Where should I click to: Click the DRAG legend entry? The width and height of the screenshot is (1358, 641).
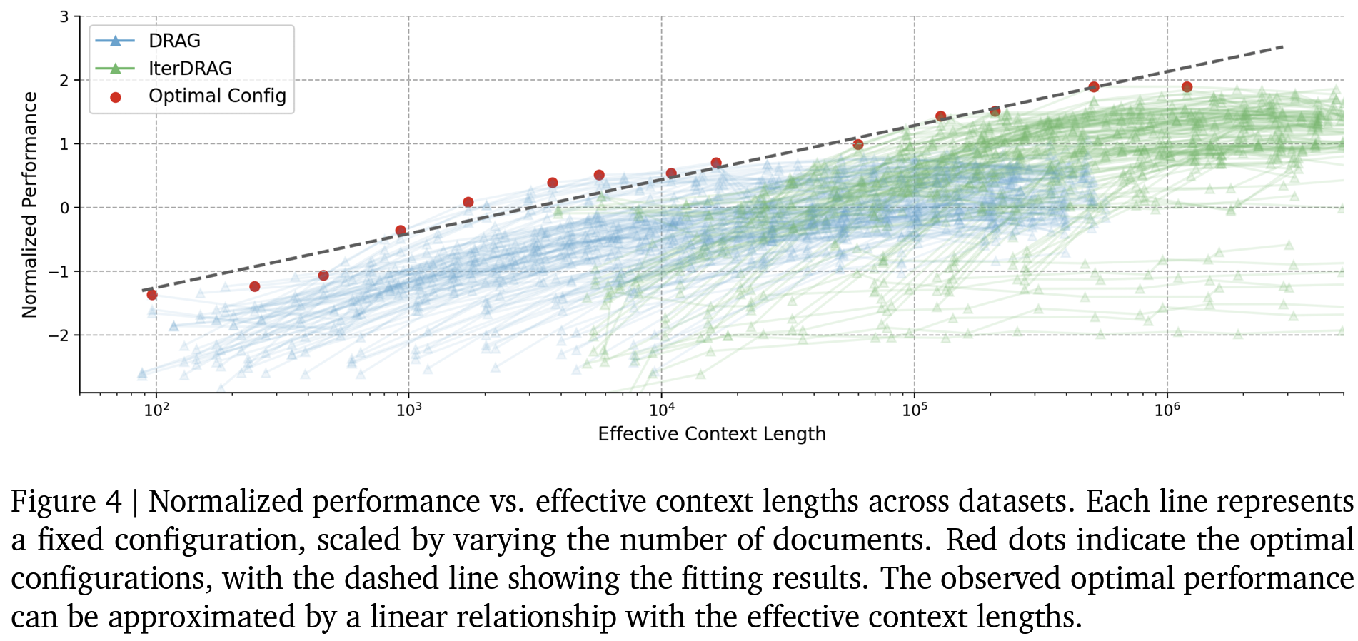(173, 41)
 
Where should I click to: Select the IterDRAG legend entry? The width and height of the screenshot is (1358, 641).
(190, 69)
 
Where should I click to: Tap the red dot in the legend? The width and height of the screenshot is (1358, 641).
(116, 97)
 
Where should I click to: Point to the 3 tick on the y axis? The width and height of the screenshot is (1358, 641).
(64, 16)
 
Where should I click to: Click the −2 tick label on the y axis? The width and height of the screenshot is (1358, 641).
(59, 335)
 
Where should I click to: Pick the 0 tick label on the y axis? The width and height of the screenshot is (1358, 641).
(64, 208)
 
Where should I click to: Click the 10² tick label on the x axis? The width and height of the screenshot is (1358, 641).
(156, 409)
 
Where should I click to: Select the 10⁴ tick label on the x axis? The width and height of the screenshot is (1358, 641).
(662, 409)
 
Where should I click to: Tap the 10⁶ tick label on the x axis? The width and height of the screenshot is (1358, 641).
(1167, 409)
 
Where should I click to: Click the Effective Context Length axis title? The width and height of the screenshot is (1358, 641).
(711, 434)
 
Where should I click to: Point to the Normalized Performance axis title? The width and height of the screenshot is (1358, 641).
(29, 205)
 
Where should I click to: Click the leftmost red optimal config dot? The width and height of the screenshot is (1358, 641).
(151, 295)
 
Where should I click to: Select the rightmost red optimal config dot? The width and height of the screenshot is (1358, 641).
(1187, 87)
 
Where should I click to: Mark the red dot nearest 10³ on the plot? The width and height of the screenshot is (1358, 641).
(401, 231)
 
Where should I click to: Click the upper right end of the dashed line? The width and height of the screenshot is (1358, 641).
(1283, 47)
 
